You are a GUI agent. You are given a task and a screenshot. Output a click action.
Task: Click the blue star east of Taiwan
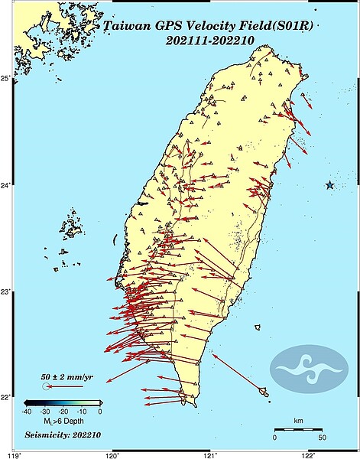point(329,185)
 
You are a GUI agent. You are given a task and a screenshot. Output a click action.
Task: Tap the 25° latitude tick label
point(7,79)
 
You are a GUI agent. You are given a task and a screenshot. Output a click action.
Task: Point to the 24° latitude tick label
point(7,185)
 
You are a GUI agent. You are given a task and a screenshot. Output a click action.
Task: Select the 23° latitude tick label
point(7,291)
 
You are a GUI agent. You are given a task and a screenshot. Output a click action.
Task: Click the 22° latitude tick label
point(7,398)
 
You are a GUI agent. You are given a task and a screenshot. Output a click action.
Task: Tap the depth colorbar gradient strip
point(63,402)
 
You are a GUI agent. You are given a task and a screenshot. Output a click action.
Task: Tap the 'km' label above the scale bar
point(299,421)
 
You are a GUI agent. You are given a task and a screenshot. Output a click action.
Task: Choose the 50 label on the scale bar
point(322,438)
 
